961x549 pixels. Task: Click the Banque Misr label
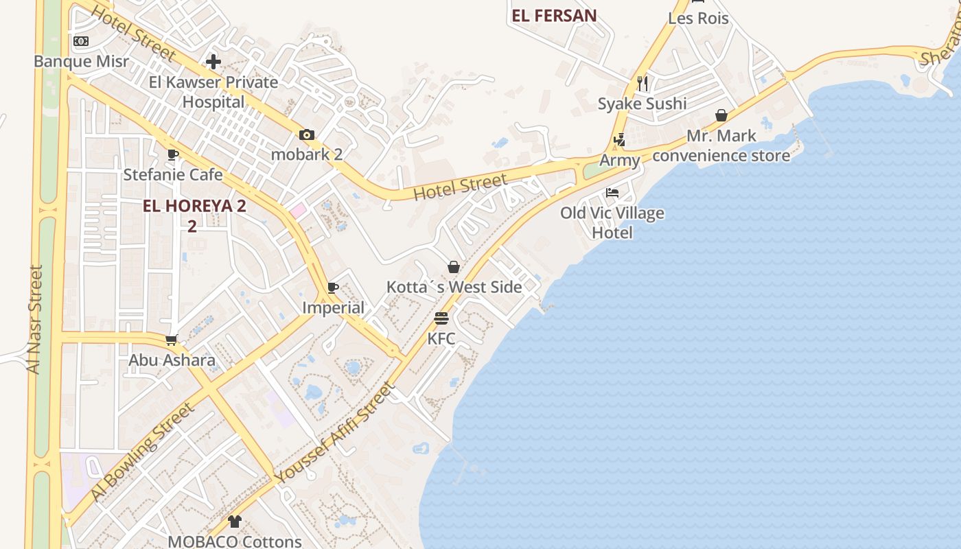click(x=81, y=61)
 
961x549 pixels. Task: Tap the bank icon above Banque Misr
click(x=81, y=41)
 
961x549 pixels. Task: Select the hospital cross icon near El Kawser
click(x=213, y=62)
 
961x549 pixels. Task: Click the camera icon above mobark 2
click(x=306, y=135)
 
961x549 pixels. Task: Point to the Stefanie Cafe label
click(x=173, y=174)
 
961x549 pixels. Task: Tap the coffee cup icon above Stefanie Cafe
click(x=172, y=154)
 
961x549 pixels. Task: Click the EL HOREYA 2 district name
click(x=194, y=205)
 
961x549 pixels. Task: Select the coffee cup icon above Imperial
click(x=333, y=288)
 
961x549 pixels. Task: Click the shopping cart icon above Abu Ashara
click(x=172, y=340)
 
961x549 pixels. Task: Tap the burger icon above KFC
click(x=441, y=318)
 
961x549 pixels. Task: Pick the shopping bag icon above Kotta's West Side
click(x=453, y=267)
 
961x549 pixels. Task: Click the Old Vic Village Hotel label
click(x=612, y=222)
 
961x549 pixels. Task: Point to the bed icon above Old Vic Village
click(x=612, y=193)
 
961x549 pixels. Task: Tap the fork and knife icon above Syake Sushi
click(x=642, y=84)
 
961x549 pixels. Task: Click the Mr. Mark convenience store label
click(x=721, y=145)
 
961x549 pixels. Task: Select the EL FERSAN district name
click(x=554, y=15)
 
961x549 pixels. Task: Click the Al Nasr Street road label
click(x=34, y=319)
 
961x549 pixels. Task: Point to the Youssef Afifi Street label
click(x=335, y=433)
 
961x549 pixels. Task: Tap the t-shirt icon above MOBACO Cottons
click(x=235, y=522)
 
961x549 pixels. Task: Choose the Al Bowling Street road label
click(x=141, y=452)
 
